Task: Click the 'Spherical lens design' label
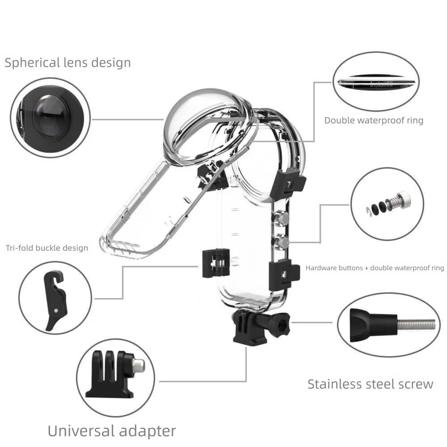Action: coord(67,63)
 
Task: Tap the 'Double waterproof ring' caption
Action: coord(374,120)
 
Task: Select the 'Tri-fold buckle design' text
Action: coord(47,248)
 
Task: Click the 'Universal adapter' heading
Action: coord(112,431)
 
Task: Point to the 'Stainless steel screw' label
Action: coord(370,384)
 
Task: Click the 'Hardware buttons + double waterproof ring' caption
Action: coord(375,268)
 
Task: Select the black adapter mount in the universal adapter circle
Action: coord(112,375)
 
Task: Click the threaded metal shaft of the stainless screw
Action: coord(416,324)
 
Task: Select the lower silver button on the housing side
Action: coord(282,242)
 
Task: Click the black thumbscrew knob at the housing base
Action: coord(282,322)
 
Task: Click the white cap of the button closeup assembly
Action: coord(405,196)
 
